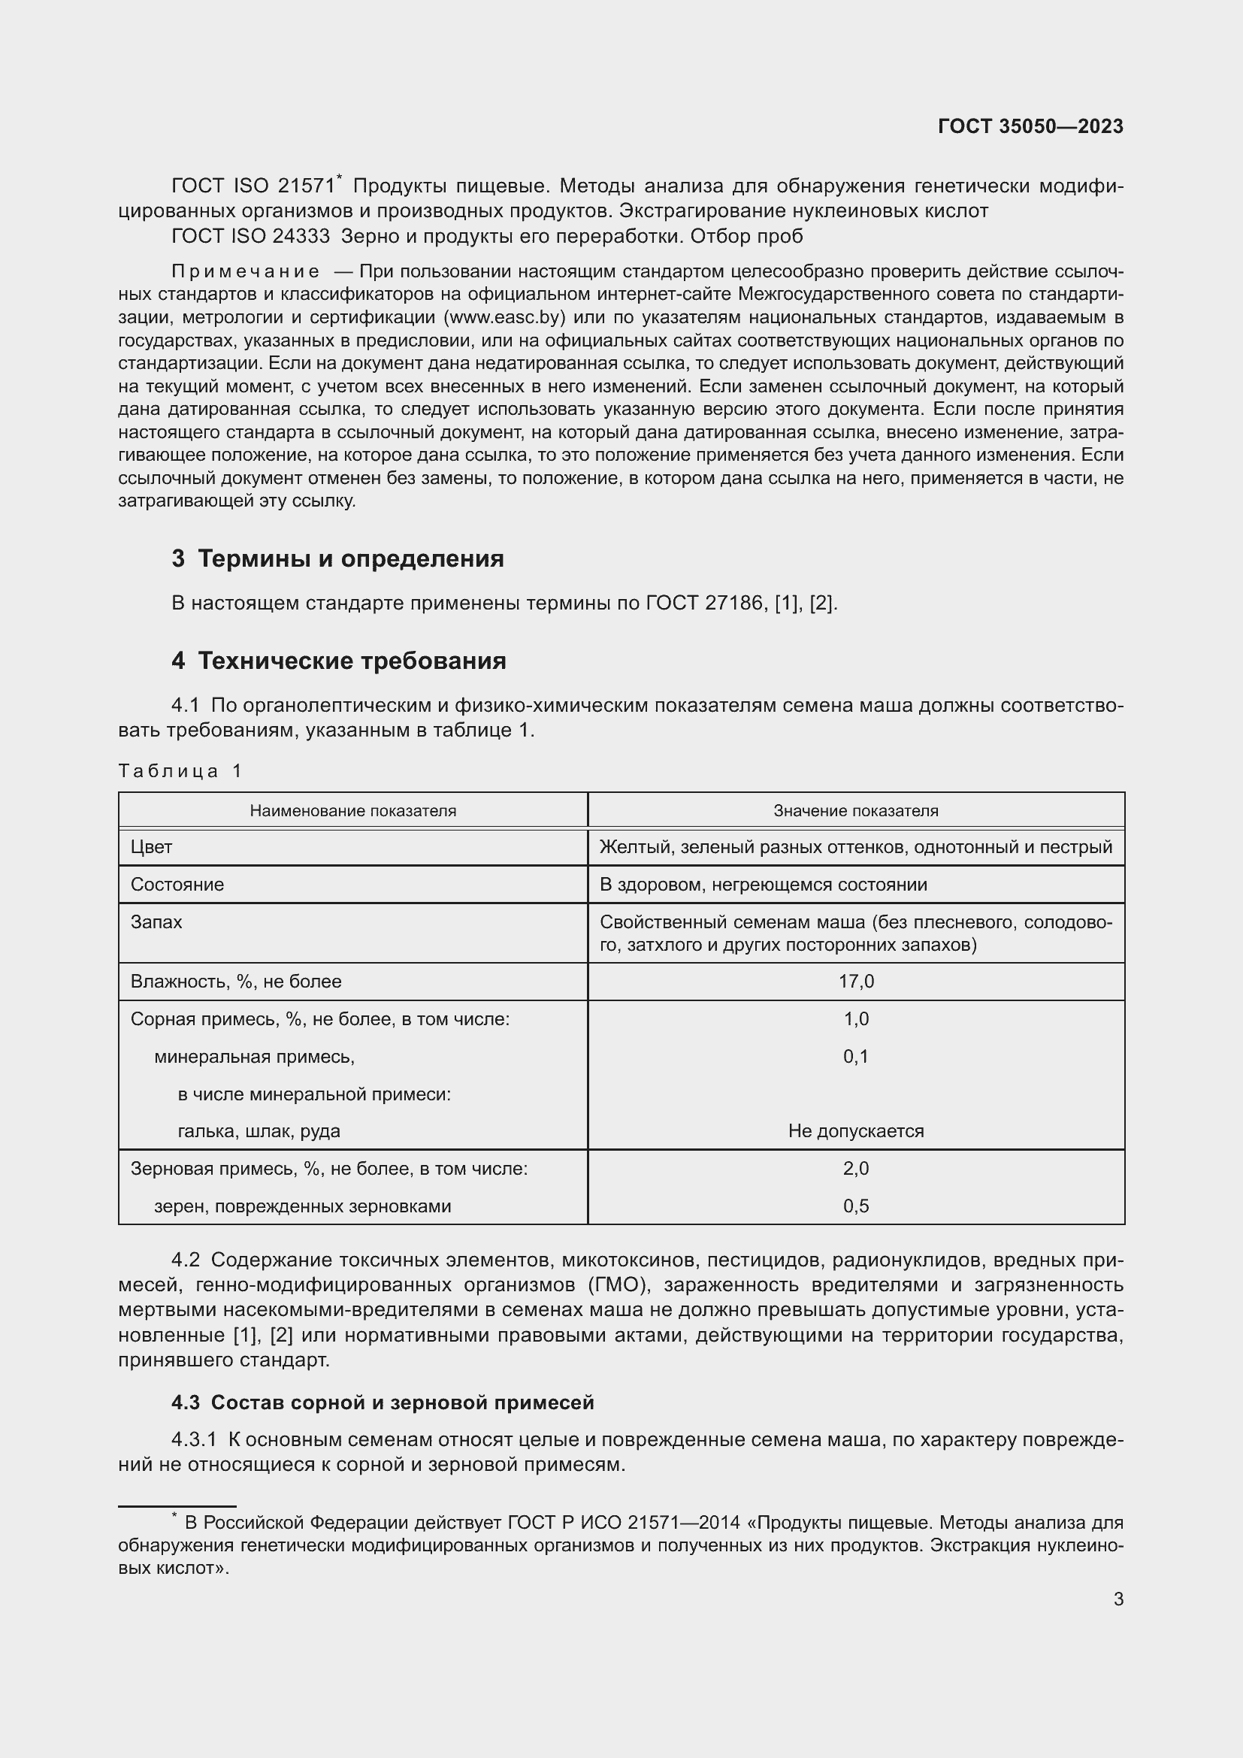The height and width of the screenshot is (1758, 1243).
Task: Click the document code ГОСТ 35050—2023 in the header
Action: [1030, 126]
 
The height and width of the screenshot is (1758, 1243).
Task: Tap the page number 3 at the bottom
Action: [1118, 1599]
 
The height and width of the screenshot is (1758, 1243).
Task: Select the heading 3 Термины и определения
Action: [337, 559]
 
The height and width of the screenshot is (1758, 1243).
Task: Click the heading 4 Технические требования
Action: [338, 661]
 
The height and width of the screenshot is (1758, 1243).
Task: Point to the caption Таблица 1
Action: [180, 771]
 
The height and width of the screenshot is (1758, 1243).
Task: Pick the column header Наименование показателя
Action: [353, 811]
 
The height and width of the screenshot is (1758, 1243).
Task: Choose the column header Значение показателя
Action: [856, 811]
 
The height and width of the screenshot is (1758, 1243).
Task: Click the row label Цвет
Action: [152, 847]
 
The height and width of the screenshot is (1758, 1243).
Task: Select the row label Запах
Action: [156, 922]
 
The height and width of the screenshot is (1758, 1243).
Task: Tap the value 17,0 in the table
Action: [856, 982]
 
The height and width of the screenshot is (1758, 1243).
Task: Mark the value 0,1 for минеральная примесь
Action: [856, 1057]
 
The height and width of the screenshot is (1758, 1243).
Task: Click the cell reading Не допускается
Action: [856, 1131]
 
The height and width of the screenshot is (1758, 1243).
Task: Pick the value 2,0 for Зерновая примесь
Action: [856, 1169]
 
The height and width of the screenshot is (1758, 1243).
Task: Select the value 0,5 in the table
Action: [856, 1206]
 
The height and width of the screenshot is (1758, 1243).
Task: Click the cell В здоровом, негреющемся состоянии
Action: [763, 885]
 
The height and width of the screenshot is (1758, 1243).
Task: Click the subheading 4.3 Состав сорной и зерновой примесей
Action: [383, 1402]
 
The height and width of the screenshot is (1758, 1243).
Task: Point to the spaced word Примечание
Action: [246, 271]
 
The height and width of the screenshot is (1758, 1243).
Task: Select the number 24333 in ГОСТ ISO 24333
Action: [300, 237]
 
